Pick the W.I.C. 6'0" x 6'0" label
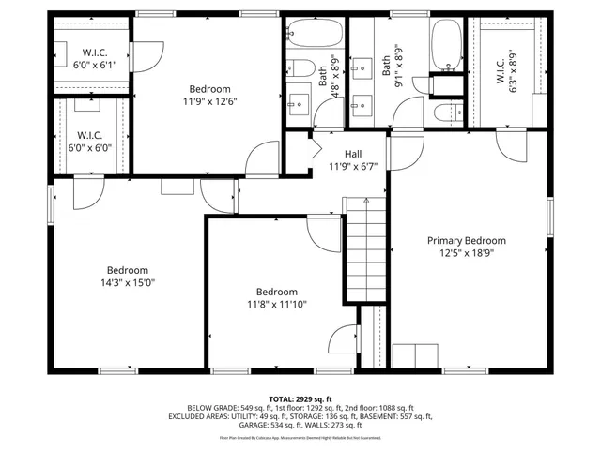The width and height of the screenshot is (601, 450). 90,141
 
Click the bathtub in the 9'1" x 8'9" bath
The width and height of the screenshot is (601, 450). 445,48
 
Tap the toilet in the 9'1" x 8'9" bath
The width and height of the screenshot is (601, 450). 444,113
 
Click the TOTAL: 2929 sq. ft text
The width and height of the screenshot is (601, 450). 301,398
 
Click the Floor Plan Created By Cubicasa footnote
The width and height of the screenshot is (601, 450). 300,436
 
